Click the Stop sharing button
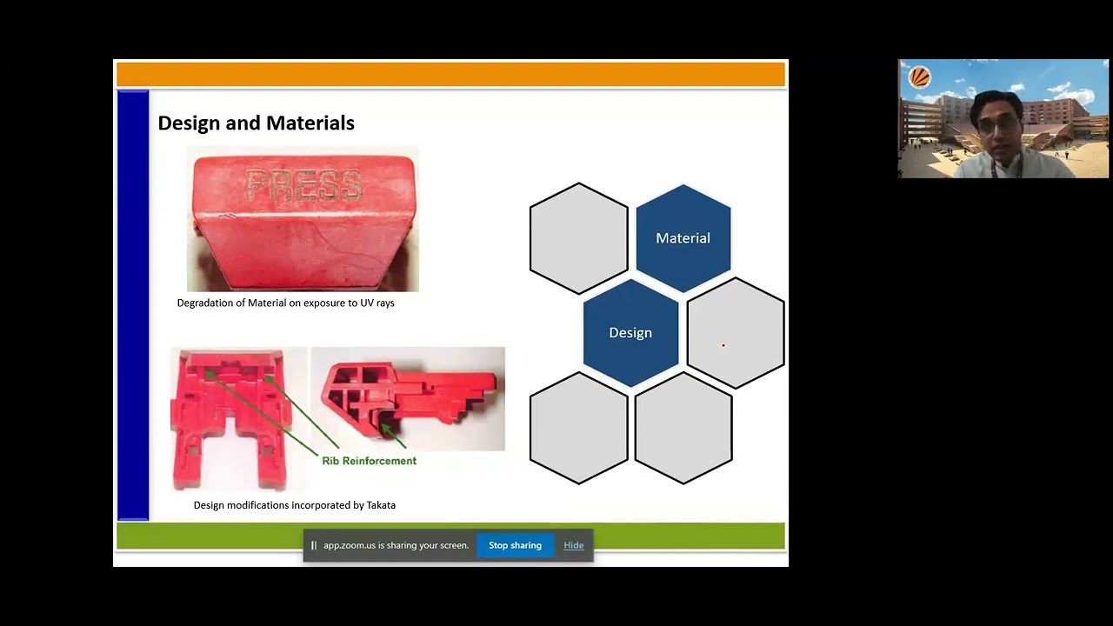click(x=515, y=545)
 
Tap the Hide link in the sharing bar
click(x=573, y=545)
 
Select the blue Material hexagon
click(x=683, y=237)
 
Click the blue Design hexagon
click(x=630, y=332)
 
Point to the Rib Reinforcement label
click(x=369, y=461)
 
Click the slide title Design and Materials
click(x=256, y=123)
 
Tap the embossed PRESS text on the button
click(x=303, y=185)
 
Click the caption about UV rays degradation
click(x=285, y=303)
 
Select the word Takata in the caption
click(x=381, y=505)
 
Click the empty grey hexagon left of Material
click(x=578, y=237)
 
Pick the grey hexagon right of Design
click(x=736, y=332)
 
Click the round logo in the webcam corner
click(x=919, y=77)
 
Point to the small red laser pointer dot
click(x=723, y=345)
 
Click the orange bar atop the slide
click(x=450, y=75)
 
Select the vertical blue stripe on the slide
click(x=133, y=304)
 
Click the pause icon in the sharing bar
click(x=314, y=545)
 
